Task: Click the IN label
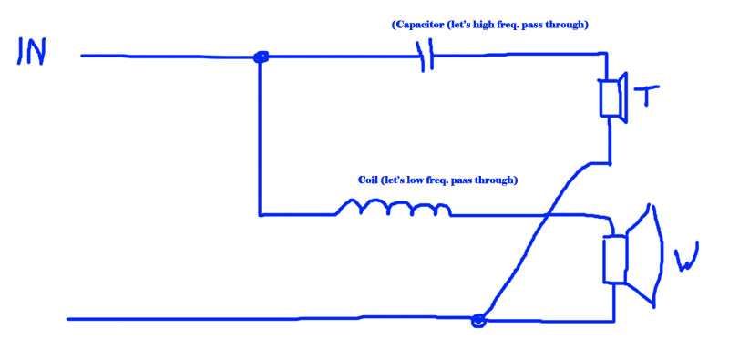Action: tap(31, 50)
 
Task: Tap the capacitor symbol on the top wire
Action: tap(427, 56)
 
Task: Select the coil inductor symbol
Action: tap(393, 209)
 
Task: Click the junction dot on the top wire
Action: tap(261, 57)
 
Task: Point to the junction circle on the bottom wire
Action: tap(478, 321)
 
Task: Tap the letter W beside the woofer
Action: tap(686, 257)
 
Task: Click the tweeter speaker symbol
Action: tap(613, 98)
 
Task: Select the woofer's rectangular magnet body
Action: tap(614, 260)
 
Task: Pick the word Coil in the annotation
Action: tap(368, 180)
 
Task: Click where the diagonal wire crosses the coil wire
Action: tap(548, 215)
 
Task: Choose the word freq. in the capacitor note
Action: tap(509, 26)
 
